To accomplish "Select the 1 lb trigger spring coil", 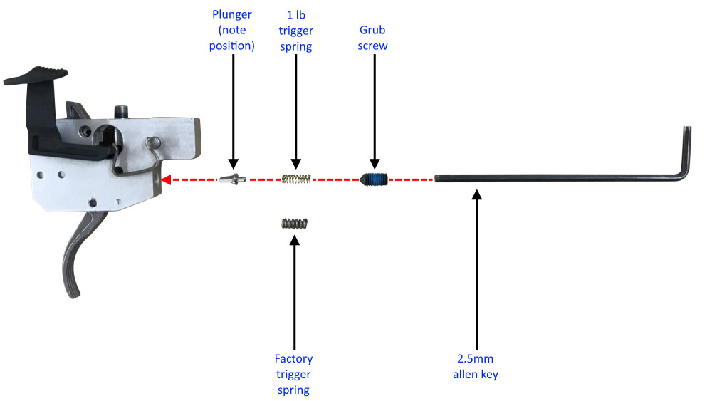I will tap(295, 179).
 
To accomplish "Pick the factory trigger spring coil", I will tap(293, 224).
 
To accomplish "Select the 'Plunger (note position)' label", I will tap(233, 31).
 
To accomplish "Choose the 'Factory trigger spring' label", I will tap(293, 374).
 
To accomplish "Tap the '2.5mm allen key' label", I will tap(475, 367).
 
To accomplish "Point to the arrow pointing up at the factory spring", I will tap(293, 292).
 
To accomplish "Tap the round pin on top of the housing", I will tap(122, 113).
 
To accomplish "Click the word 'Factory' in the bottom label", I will tap(293, 358).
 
